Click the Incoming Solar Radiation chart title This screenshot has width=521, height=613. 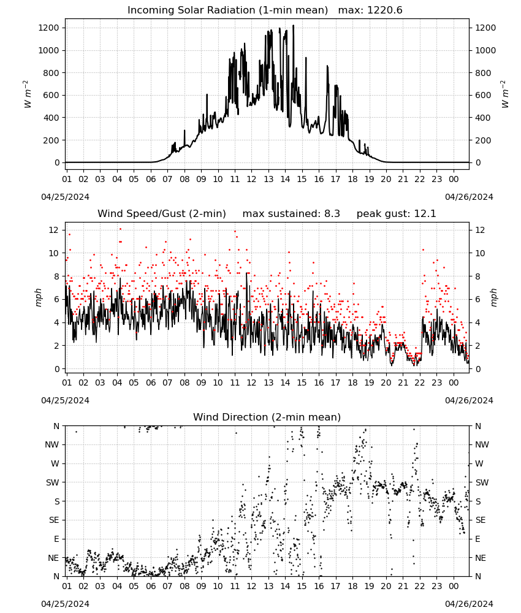pos(227,10)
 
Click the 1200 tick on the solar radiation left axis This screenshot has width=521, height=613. pos(49,28)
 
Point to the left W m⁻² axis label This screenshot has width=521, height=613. pos(27,94)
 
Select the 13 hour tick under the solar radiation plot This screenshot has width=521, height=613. pos(268,179)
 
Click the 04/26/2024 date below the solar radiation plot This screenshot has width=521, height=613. pos(469,197)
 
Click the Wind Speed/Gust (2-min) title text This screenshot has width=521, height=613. pos(162,214)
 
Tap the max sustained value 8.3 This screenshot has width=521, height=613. pos(332,214)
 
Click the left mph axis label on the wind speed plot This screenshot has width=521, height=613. pos(38,297)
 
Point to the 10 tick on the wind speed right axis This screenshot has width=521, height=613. pos(480,253)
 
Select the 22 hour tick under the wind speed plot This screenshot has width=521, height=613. pos(420,383)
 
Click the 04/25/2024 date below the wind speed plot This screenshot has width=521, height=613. pos(65,401)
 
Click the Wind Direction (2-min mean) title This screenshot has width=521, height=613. pos(267,417)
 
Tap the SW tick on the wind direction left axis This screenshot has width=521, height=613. pos(52,482)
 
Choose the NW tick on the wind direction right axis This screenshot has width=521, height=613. pos(482,445)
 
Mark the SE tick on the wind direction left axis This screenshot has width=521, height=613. pos(54,520)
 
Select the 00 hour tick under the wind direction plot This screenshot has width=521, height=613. pos(454,586)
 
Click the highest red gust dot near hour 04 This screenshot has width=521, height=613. pos(120,229)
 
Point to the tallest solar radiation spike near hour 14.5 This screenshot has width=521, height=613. pos(293,26)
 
